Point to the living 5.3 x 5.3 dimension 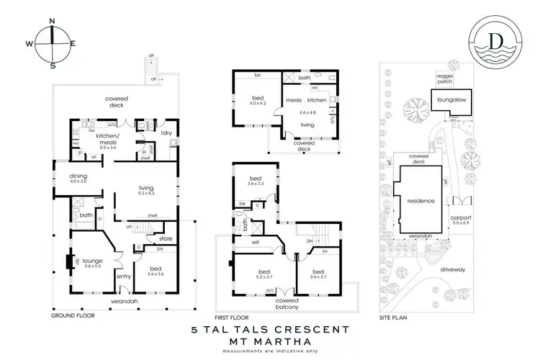pyautogui.click(x=146, y=194)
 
